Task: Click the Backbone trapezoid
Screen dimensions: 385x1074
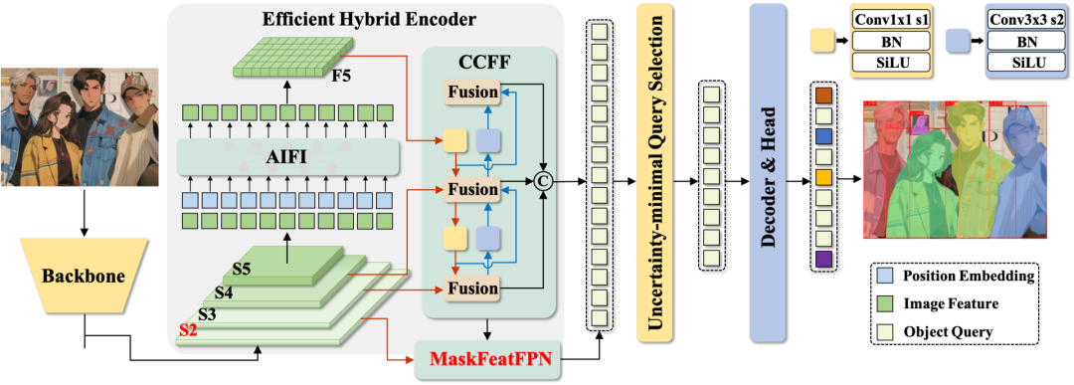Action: tap(83, 276)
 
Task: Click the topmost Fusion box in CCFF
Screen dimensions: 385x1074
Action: tap(472, 92)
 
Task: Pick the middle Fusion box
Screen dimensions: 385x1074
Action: tap(472, 189)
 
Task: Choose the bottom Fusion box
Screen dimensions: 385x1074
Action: tap(472, 288)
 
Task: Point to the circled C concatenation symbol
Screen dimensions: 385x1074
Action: tap(543, 181)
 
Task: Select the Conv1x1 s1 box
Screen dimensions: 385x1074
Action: tap(891, 18)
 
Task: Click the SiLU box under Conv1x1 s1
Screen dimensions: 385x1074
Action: tap(891, 64)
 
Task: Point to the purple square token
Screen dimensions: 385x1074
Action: tap(823, 259)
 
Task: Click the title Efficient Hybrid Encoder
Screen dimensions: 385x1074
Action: tap(369, 19)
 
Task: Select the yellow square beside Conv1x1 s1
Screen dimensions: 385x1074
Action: tap(821, 40)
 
